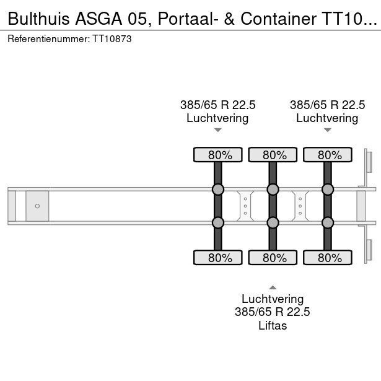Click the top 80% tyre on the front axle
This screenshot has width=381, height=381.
[x=217, y=155]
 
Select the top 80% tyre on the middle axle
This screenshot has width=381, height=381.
[x=272, y=155]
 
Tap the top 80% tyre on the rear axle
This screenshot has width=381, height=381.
[x=327, y=155]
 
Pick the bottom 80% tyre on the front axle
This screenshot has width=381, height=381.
[x=217, y=258]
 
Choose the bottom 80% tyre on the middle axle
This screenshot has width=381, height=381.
[x=272, y=258]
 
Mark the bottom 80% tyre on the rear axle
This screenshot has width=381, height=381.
[x=327, y=258]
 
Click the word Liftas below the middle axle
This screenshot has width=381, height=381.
[x=272, y=325]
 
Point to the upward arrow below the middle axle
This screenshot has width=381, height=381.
[x=272, y=287]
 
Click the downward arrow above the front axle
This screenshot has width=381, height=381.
[x=217, y=130]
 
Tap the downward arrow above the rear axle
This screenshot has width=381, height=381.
[x=327, y=130]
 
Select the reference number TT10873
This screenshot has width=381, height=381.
[x=112, y=38]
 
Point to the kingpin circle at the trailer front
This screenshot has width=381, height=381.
[x=37, y=206]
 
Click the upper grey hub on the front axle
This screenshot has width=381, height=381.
[x=217, y=190]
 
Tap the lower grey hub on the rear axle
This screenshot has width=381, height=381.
[x=327, y=222]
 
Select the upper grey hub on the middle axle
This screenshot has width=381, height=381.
[x=272, y=190]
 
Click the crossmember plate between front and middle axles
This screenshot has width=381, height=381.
[x=245, y=206]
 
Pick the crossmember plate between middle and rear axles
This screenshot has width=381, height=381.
[x=300, y=206]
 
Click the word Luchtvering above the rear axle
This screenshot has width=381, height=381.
[x=327, y=118]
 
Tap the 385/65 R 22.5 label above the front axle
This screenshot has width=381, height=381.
[x=217, y=105]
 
